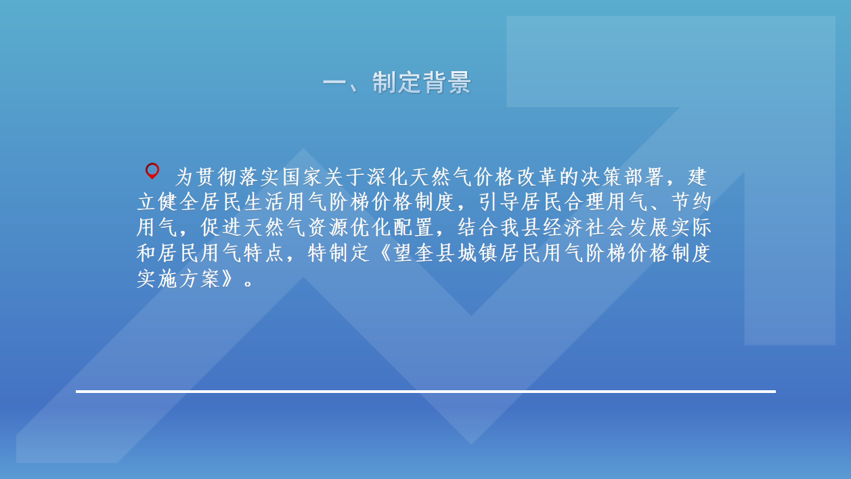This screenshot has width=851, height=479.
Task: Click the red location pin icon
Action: tap(152, 171)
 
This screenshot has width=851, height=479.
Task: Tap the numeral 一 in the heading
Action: tap(334, 83)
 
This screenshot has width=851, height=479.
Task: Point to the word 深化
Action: tap(387, 177)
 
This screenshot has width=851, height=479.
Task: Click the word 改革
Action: tap(536, 177)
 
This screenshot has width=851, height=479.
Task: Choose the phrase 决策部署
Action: tap(621, 177)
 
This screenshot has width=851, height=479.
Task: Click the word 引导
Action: tap(498, 202)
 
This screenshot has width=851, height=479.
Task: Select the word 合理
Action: tap(583, 202)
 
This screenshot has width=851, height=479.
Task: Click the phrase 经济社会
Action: tap(583, 228)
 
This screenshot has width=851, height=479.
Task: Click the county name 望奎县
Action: tap(423, 253)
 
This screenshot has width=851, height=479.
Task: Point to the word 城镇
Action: tap(477, 253)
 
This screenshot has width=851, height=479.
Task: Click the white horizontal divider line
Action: tap(425, 391)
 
